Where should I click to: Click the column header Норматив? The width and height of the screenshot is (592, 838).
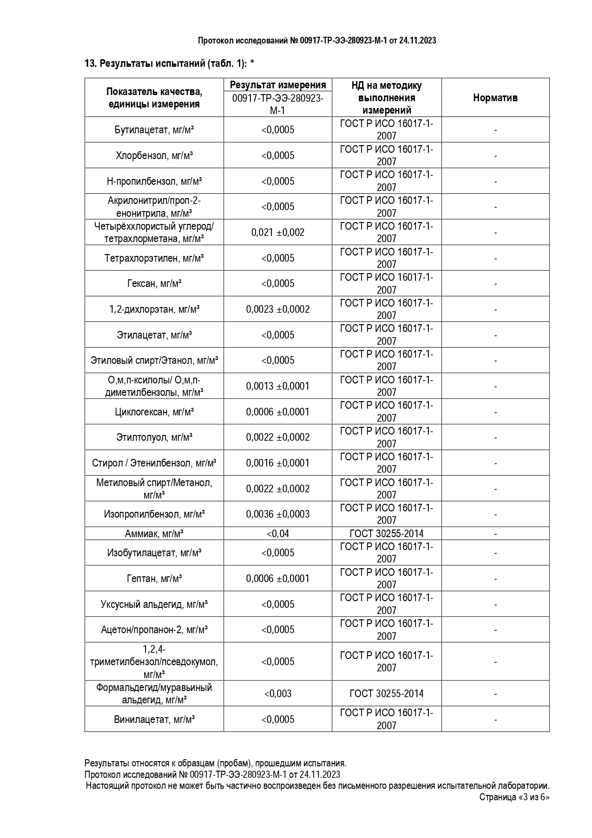[495, 98]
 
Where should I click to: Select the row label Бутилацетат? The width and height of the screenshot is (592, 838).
[154, 130]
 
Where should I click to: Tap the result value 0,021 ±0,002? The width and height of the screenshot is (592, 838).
[278, 233]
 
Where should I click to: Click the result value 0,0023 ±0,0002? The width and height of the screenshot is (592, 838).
[278, 309]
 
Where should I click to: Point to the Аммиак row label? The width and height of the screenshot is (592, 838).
[154, 534]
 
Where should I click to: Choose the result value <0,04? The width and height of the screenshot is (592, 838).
[278, 534]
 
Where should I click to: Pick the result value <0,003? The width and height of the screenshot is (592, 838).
[278, 694]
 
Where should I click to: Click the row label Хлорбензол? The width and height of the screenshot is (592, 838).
[154, 156]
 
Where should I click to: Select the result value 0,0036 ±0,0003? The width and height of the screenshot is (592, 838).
[278, 514]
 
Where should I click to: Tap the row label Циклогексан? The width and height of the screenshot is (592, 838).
[154, 412]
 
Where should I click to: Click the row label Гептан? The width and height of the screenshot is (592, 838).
[154, 579]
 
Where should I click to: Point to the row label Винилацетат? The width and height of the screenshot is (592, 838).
[154, 720]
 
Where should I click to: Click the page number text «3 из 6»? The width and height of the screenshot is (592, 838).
[533, 797]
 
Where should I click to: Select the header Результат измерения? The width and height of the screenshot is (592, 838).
[278, 85]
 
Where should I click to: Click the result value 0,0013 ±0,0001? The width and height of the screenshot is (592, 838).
[278, 386]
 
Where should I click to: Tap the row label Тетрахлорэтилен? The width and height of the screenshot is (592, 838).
[154, 258]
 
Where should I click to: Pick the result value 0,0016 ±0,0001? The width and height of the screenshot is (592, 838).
[278, 463]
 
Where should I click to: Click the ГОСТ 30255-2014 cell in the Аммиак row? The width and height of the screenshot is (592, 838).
[386, 534]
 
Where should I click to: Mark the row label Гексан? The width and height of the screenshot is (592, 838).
[154, 284]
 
